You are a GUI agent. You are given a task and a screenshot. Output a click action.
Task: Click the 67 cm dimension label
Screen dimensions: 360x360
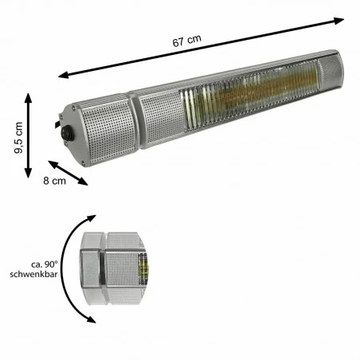187,41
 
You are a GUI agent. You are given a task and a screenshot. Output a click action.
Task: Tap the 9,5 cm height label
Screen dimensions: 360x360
18,138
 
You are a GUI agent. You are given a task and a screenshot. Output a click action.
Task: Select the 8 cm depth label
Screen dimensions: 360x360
54,181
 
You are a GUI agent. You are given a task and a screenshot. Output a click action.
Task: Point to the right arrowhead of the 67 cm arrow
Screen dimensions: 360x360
338,21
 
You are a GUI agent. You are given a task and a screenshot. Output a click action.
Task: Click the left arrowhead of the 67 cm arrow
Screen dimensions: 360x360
64,75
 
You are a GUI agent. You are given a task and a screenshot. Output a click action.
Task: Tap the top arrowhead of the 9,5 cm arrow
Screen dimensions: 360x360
29,98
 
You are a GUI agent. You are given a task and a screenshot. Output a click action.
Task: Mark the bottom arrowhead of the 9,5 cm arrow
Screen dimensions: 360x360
28,173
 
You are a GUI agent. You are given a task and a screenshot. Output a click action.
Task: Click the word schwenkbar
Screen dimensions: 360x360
33,274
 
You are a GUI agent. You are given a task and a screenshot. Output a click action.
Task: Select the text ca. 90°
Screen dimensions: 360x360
45,264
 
